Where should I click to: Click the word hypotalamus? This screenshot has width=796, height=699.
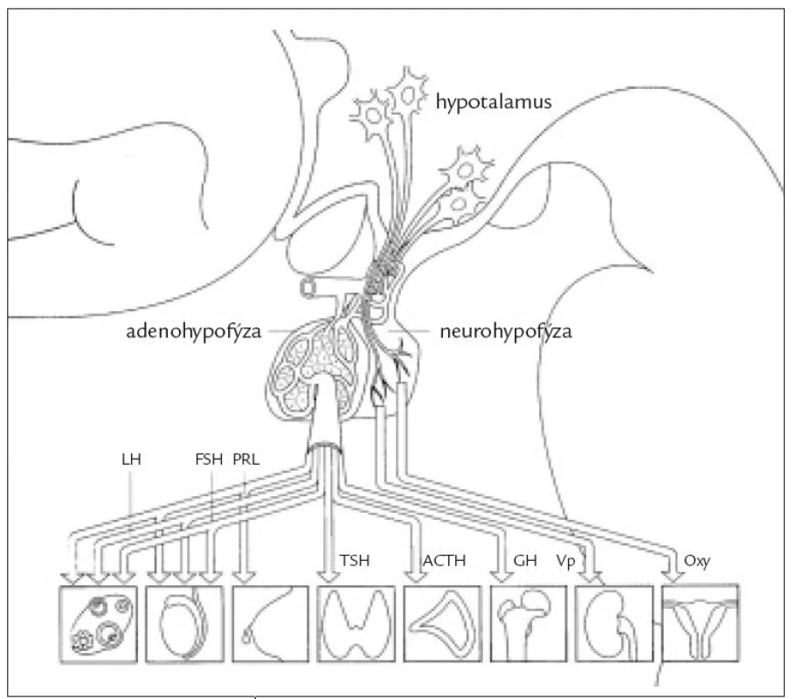[494, 103]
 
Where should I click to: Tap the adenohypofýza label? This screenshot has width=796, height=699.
[193, 332]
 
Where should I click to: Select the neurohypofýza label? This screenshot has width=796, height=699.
[506, 332]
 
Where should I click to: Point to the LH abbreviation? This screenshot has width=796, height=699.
[131, 460]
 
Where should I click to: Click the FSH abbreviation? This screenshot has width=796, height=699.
[209, 460]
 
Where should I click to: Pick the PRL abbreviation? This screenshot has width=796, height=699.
[246, 460]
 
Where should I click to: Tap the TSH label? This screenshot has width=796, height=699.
[355, 561]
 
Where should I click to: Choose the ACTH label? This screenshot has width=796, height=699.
[444, 561]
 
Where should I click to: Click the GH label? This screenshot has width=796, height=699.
[525, 561]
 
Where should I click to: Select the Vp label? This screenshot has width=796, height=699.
[565, 562]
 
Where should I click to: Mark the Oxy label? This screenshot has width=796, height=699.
[696, 562]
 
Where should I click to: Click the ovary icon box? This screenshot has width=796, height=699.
[99, 625]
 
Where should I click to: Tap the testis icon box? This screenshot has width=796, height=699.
[184, 625]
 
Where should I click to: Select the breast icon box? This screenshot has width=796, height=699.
[271, 625]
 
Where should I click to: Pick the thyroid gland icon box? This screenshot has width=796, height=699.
[356, 625]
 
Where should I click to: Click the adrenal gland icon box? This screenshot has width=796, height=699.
[442, 625]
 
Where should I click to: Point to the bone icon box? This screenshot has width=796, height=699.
[529, 625]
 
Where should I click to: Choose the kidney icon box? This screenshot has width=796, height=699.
[614, 625]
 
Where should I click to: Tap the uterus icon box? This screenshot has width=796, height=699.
[701, 623]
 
